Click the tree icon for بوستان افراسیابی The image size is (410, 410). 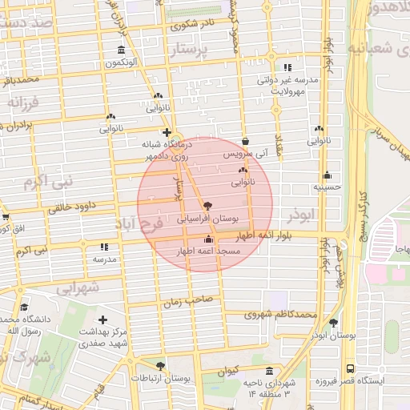point(208,206)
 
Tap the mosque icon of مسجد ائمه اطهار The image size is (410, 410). point(209,239)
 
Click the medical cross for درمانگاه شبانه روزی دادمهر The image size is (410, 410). point(167,132)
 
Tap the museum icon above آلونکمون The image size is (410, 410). point(121,50)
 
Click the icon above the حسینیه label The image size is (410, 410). point(327,176)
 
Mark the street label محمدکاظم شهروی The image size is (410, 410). point(280,314)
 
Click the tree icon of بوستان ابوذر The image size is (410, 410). point(333,323)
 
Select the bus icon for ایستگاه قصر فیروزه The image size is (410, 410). point(350,369)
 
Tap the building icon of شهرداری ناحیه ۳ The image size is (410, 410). point(268,372)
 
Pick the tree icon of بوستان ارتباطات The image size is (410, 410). point(160,366)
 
